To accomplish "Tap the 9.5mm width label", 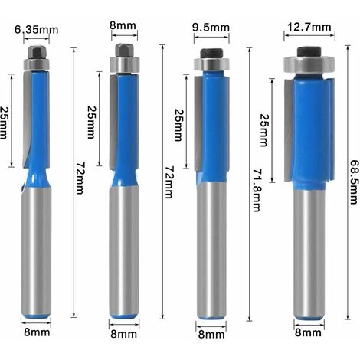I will (211, 28).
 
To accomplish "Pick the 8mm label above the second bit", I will (123, 26).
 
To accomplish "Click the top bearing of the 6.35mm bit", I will (36, 59).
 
